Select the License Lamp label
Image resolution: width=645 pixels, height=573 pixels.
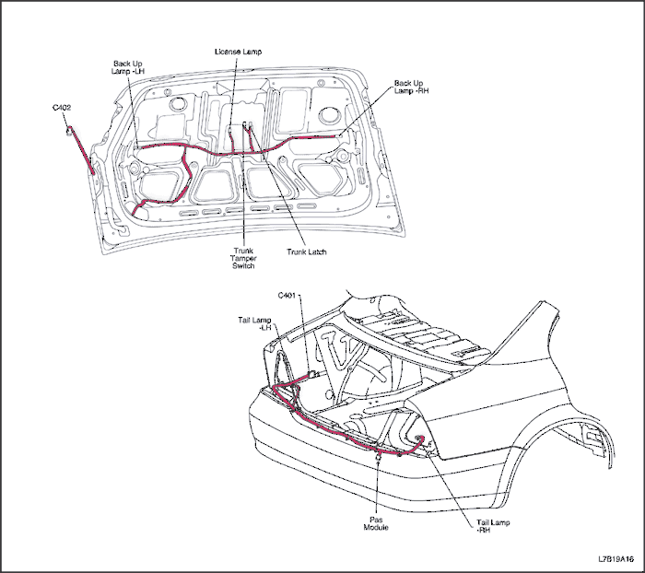point(237,52)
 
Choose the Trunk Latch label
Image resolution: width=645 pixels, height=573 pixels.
point(307,251)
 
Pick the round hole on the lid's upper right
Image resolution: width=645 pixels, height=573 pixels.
point(328,115)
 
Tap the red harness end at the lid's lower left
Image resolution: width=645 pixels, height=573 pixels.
point(136,214)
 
